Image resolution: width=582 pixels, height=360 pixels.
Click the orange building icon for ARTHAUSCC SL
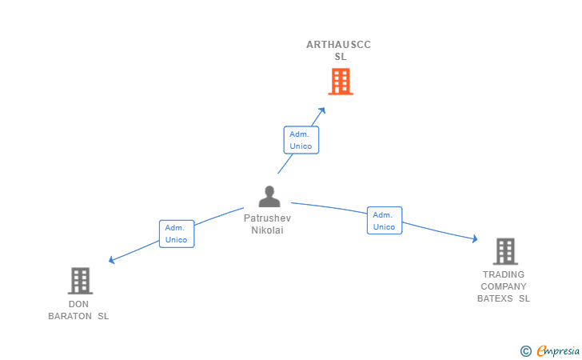341,82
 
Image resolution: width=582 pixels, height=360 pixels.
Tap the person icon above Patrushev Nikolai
269,196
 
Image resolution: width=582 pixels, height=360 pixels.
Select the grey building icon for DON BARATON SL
80,281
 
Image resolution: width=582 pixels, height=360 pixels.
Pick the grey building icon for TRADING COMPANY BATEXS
505,251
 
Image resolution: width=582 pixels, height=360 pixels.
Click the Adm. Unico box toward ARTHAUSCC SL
301,140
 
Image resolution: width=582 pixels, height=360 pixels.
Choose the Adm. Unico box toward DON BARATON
177,234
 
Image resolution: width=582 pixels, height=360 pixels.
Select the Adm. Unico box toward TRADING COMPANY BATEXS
385,221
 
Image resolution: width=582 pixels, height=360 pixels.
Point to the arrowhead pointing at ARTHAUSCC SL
322,110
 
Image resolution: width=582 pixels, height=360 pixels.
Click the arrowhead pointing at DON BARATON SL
112,260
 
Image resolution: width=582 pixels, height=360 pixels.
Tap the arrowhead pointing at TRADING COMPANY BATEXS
475,238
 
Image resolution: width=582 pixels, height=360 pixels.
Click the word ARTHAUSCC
338,45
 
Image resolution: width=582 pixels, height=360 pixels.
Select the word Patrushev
267,218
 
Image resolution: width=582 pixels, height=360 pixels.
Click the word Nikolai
267,230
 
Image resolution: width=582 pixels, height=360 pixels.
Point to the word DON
78,304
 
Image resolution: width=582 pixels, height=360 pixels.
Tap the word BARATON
70,316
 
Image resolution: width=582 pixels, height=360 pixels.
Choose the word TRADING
504,274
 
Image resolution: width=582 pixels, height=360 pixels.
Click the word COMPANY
504,286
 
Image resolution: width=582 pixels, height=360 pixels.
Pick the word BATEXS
495,298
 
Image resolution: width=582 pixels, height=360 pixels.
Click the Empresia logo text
558,350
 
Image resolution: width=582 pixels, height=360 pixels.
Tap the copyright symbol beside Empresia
526,351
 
